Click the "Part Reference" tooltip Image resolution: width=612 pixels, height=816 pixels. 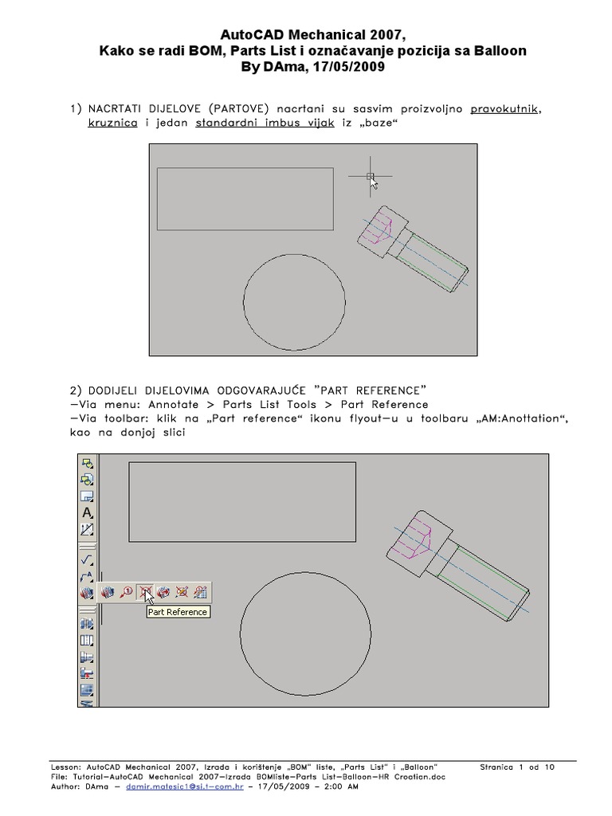[178, 612]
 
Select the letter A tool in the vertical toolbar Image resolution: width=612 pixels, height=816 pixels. [88, 512]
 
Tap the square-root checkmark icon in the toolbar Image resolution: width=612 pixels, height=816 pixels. [88, 560]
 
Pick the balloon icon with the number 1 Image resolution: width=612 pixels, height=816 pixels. [126, 592]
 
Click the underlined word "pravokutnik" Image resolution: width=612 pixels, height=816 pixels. [504, 108]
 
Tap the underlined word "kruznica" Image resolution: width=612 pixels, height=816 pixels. [112, 124]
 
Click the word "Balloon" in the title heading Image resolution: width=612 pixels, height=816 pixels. [500, 51]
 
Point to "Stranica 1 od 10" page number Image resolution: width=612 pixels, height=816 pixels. [517, 767]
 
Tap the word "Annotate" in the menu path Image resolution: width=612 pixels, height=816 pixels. [175, 404]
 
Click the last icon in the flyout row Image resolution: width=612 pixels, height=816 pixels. [200, 592]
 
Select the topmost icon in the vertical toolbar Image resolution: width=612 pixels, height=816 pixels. [88, 464]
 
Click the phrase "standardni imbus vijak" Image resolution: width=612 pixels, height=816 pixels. [265, 124]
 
